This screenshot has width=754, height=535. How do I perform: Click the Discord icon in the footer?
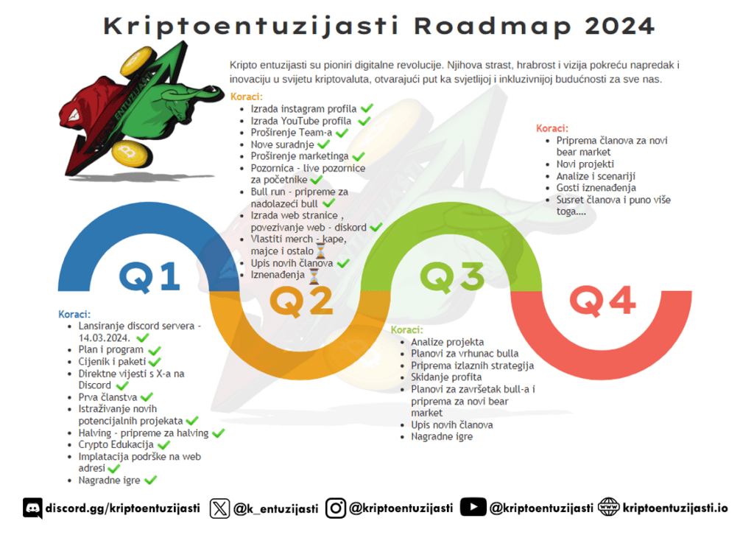(x=32, y=508)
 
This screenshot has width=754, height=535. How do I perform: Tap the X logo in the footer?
(x=219, y=508)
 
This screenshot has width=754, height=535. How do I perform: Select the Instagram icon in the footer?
(x=336, y=508)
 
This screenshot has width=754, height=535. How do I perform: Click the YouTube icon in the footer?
(x=473, y=508)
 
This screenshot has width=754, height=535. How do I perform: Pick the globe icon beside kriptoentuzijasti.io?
(x=608, y=508)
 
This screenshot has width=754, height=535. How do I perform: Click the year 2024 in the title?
(x=619, y=26)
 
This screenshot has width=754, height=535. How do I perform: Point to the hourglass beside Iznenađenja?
(x=314, y=276)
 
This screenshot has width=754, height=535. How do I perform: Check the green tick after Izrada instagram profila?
(x=367, y=109)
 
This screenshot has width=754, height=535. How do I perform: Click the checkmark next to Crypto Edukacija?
(x=163, y=445)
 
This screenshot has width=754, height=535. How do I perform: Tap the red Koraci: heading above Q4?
(x=552, y=128)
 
